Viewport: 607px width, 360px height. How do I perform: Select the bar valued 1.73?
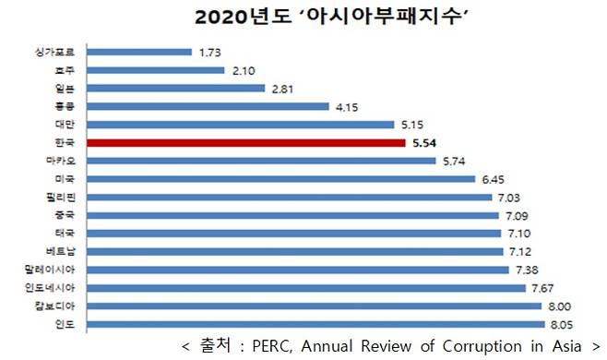[x=138, y=53]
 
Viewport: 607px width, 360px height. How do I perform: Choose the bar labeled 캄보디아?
[x=314, y=306]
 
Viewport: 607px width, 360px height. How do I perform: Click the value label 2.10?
[x=244, y=70]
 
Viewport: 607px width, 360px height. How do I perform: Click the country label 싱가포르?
[x=58, y=53]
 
